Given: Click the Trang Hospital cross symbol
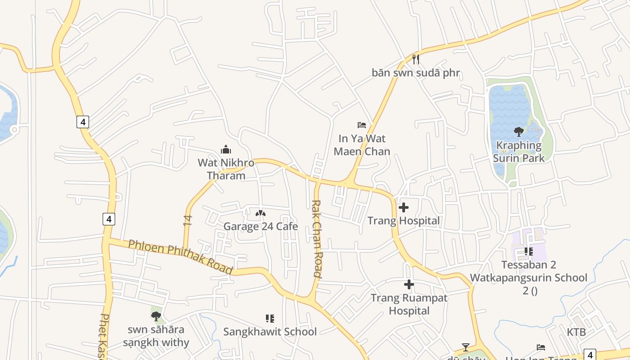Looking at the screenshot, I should pos(404,207).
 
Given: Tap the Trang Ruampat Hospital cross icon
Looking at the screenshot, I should pos(409,284).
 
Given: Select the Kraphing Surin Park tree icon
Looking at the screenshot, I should pos(518,132).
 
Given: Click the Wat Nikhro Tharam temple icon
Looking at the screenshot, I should pos(226,149).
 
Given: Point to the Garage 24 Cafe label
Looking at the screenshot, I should pos(261,226).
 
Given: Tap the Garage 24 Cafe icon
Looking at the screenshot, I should pos(261,213).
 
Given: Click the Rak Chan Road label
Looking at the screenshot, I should pos(317,238).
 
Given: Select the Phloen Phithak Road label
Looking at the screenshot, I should pos(180,257).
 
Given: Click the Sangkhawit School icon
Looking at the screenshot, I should pos(270,319).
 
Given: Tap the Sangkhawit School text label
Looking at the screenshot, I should pos(270,332).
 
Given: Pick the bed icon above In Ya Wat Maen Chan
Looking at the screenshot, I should pos(361,125).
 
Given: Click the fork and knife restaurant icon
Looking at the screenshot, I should pos(416,59).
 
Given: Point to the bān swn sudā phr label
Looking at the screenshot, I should pos(416,72).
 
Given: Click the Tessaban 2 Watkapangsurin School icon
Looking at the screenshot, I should pos(528,252).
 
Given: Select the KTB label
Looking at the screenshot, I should pos(576,332).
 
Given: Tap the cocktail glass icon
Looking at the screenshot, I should pos(466,347).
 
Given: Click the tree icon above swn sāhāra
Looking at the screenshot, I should pos(156,316).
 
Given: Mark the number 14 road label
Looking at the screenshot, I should pos(188,220).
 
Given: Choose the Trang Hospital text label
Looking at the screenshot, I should pos(404,220).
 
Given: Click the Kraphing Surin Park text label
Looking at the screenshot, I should pos(518,152).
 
